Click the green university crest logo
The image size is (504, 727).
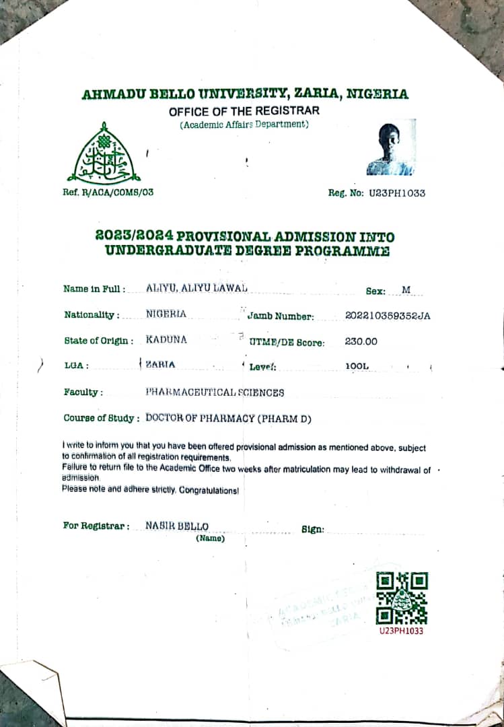click(x=103, y=155)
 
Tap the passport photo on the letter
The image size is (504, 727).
click(x=391, y=148)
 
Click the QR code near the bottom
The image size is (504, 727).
click(x=402, y=598)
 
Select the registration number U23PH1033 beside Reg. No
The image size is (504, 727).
click(x=396, y=193)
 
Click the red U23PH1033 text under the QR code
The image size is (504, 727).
click(x=402, y=631)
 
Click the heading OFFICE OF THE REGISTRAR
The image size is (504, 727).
click(x=244, y=111)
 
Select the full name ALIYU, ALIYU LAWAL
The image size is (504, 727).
click(x=196, y=288)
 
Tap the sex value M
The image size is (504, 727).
click(x=406, y=290)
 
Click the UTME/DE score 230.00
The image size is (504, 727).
click(x=361, y=341)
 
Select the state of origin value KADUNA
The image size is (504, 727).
click(x=166, y=340)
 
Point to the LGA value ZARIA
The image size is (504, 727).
click(x=160, y=365)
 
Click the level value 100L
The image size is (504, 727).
click(x=357, y=366)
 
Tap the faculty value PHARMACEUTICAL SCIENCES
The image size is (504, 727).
click(x=215, y=392)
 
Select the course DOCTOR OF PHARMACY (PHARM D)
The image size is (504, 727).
click(x=229, y=418)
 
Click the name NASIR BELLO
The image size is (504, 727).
click(x=177, y=526)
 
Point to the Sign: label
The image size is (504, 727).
click(x=313, y=529)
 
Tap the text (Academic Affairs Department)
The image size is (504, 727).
click(x=244, y=125)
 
